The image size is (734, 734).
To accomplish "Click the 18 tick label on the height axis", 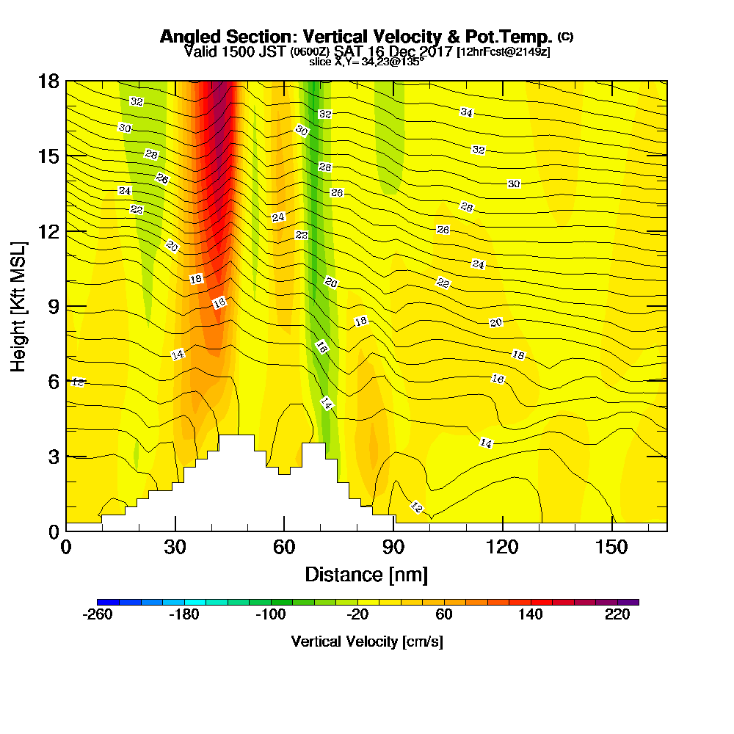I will [x=48, y=81].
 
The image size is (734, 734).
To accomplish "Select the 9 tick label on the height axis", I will [x=53, y=306].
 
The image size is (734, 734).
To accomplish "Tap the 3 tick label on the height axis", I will [x=53, y=456].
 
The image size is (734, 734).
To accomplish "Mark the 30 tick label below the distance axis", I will [x=175, y=548].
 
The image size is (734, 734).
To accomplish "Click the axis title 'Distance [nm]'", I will [x=366, y=573].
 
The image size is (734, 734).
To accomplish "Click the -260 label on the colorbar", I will [x=98, y=616].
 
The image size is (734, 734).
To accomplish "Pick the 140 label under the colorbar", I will [x=531, y=616].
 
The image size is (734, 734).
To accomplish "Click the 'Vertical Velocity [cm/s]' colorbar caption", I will [x=367, y=642].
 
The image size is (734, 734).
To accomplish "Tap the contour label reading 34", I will [x=467, y=112].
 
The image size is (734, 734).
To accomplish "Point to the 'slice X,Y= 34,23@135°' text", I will [x=366, y=62].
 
